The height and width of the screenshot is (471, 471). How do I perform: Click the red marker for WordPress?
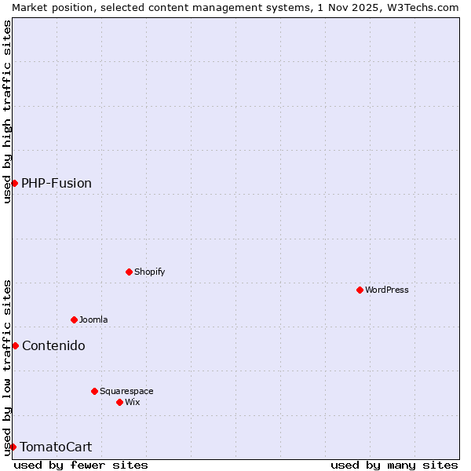[x=360, y=290]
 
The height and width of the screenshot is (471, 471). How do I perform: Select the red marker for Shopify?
[x=129, y=272]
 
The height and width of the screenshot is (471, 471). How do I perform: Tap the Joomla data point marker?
[x=74, y=319]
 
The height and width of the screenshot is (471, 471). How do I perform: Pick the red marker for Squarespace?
[x=94, y=391]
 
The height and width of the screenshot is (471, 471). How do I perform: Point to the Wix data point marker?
[x=119, y=402]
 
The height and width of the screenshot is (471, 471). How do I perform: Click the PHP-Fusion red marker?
[x=14, y=183]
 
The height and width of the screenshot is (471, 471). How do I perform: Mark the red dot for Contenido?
[x=15, y=345]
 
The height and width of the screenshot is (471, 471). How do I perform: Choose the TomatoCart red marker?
[x=13, y=447]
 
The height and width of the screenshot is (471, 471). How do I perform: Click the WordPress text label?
[x=387, y=290]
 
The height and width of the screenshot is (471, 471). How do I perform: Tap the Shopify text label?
[x=149, y=272]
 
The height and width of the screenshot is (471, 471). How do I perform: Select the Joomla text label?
[x=93, y=319]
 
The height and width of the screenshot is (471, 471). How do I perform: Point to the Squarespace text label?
[x=126, y=391]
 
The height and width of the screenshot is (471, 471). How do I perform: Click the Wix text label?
[x=132, y=402]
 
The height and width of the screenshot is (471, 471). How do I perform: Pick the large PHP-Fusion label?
[x=57, y=183]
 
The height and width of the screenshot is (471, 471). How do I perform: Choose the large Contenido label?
[x=53, y=345]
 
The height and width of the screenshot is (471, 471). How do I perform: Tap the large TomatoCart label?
[x=56, y=447]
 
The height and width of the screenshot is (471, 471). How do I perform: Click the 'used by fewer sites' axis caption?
[x=81, y=465]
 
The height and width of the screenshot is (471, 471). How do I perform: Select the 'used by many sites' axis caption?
[x=394, y=465]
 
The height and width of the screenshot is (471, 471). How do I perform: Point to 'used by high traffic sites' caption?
[x=7, y=111]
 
